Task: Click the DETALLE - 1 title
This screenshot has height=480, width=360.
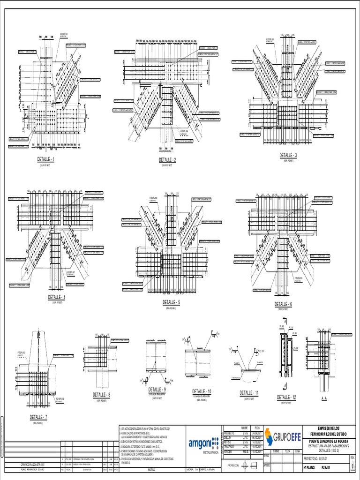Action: tap(46, 159)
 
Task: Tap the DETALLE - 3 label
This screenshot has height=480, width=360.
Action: tap(288, 155)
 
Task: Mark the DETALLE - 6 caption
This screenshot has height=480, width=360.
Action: tap(283, 304)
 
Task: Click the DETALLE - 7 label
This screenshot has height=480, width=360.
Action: tap(38, 417)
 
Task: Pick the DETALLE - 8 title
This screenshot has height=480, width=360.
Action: tap(102, 395)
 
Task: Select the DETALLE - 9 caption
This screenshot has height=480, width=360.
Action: tap(157, 390)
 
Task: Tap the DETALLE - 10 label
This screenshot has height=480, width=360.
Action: tap(202, 391)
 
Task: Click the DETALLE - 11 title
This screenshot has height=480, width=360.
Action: tap(249, 392)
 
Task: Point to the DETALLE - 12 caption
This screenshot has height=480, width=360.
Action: tap(287, 397)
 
